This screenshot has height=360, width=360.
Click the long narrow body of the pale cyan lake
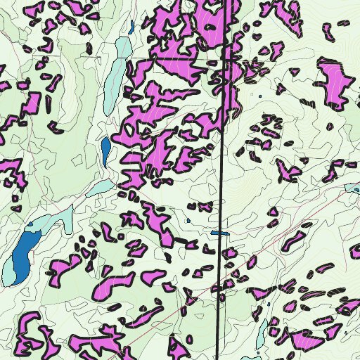(x=112, y=84)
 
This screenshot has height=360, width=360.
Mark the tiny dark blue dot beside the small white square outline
(x=259, y=96)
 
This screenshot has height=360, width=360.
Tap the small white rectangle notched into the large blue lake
(x=31, y=227)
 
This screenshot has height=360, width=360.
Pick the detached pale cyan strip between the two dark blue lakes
(x=98, y=188)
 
